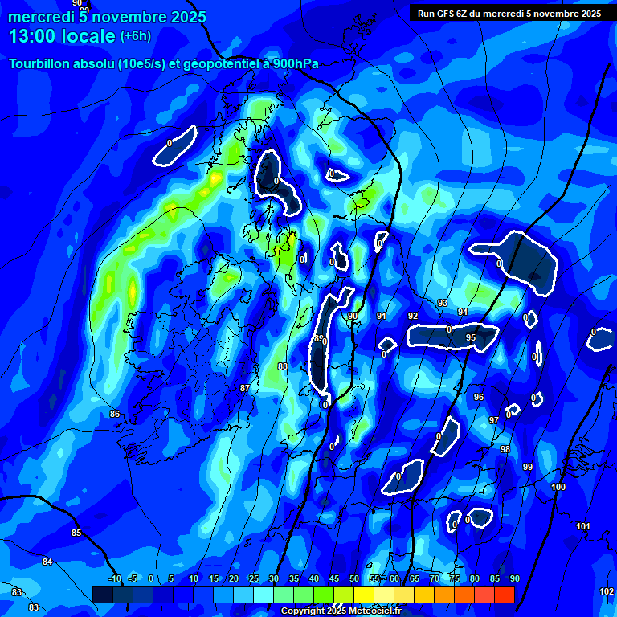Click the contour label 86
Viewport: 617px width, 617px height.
115,414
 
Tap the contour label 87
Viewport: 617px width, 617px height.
245,388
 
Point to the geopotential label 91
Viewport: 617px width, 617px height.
381,317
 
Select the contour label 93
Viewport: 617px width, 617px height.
443,303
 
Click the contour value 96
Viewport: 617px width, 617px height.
479,397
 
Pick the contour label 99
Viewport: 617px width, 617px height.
528,467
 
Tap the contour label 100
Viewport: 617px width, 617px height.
559,487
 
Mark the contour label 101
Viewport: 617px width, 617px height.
583,526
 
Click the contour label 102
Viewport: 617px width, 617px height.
607,591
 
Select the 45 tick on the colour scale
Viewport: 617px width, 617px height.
334,579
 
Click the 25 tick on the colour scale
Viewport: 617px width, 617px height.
253,579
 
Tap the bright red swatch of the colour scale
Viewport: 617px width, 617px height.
505,595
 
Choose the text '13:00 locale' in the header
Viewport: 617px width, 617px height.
62,36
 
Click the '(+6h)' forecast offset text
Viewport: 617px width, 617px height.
135,36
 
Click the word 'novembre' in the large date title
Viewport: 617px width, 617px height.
128,17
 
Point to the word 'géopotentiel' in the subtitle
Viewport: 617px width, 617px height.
210,64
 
